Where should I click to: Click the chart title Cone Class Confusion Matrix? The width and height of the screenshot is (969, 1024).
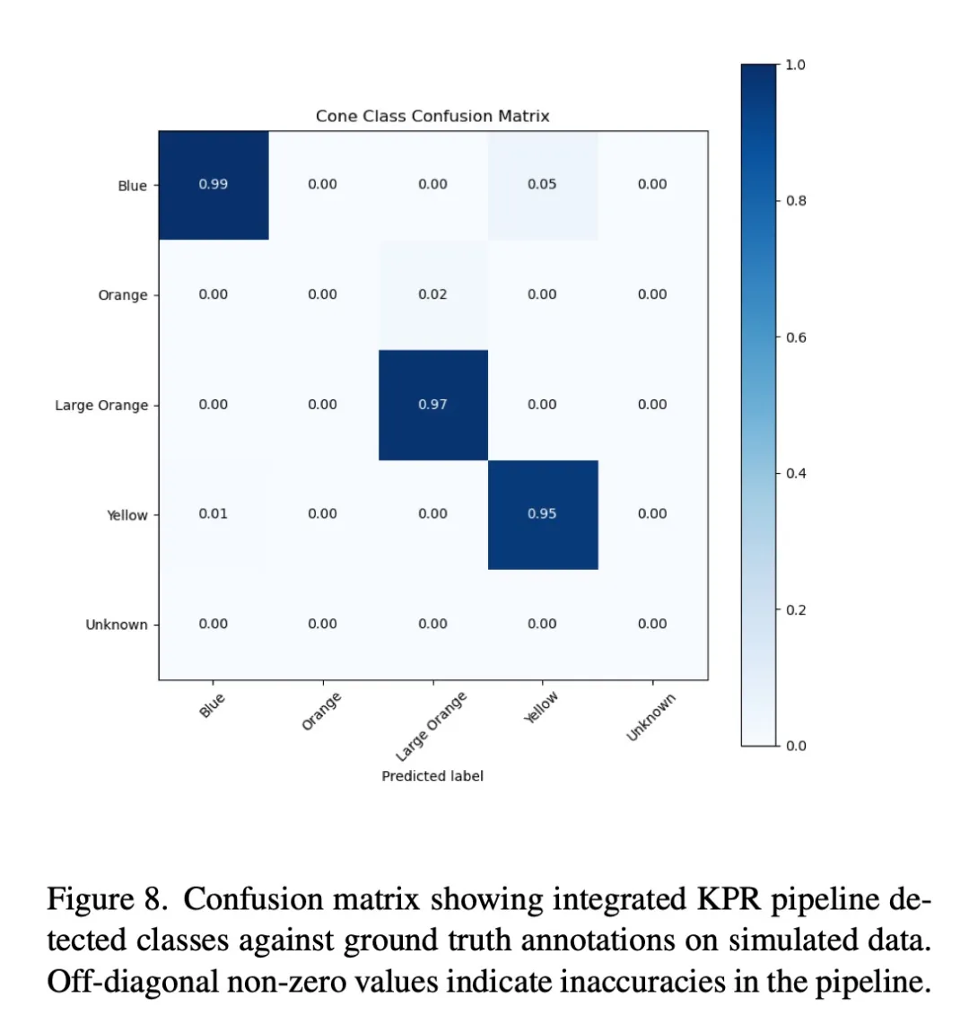click(432, 117)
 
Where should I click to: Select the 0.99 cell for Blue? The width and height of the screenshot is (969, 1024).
click(214, 185)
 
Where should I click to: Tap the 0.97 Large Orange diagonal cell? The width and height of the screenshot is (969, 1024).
click(432, 405)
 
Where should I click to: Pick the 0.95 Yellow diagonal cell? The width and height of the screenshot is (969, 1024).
click(542, 514)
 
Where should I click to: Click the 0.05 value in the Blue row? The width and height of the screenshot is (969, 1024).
click(542, 185)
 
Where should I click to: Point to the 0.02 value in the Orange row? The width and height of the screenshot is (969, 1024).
click(432, 294)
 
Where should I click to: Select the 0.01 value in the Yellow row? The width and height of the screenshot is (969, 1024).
click(214, 514)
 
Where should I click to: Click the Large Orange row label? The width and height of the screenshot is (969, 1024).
click(101, 406)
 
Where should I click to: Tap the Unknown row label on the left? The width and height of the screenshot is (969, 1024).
click(117, 625)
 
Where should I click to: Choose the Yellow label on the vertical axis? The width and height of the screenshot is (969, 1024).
click(127, 515)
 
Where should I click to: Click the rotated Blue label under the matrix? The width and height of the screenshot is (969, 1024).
click(212, 705)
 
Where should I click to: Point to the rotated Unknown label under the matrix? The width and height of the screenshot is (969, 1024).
click(650, 718)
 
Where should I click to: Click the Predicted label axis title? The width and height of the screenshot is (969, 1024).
click(432, 776)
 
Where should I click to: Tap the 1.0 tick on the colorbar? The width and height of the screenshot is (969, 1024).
click(796, 65)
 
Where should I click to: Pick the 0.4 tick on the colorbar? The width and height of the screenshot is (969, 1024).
click(796, 474)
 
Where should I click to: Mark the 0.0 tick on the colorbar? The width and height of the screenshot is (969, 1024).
click(796, 746)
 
